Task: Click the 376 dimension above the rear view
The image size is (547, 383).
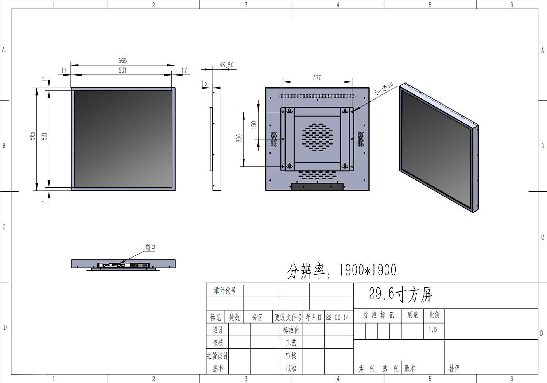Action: point(317,78)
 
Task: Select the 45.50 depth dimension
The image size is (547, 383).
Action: point(226,65)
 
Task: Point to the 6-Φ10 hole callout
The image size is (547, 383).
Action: point(384,88)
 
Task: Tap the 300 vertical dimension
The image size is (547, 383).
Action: point(239,138)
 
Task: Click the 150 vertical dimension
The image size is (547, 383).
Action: point(254,125)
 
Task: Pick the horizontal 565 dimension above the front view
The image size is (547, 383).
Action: point(123,61)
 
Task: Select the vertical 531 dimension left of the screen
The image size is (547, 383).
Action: point(44,136)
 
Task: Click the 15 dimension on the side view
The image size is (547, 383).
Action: point(204,84)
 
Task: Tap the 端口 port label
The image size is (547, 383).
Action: point(150,247)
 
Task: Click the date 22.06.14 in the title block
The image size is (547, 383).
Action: point(337,318)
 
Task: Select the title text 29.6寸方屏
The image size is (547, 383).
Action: point(400,294)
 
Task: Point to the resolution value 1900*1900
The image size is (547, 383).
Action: point(368,270)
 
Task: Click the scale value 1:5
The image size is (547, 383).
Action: point(432,330)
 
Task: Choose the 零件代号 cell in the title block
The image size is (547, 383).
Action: point(225,291)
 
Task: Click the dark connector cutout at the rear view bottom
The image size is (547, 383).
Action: point(317,187)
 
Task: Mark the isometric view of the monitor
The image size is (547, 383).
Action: point(439,148)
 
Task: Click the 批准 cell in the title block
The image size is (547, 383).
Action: point(291,368)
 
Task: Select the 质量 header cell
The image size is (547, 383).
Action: point(413,315)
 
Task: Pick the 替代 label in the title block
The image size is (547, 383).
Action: point(454,368)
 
